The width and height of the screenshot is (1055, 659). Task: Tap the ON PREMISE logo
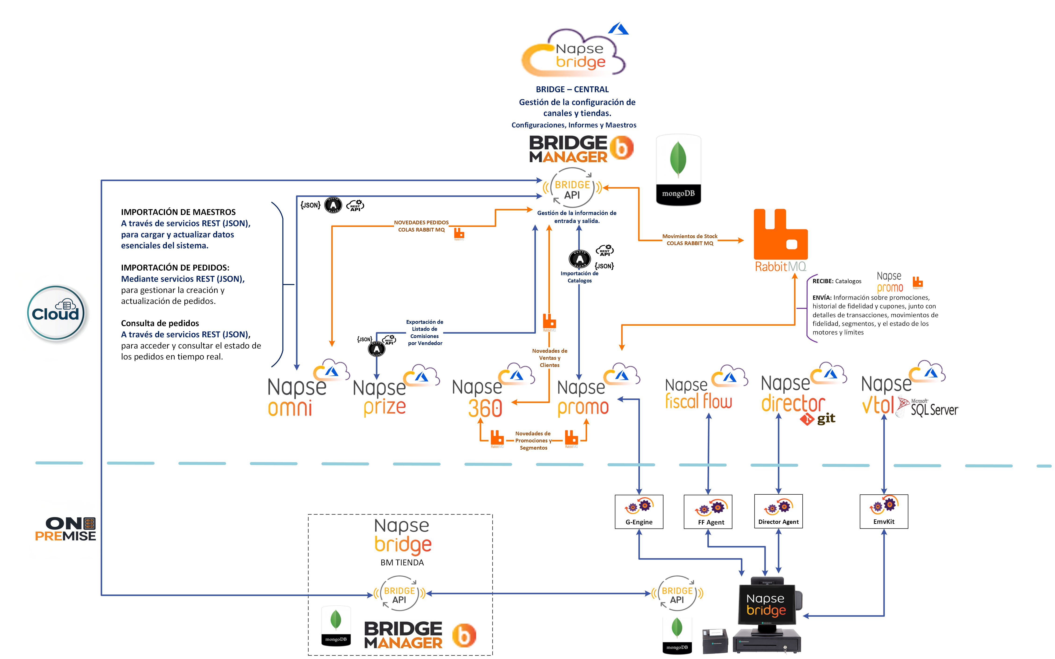click(x=65, y=529)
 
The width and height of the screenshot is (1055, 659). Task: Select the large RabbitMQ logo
click(x=781, y=240)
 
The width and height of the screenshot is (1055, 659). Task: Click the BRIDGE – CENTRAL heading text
click(x=572, y=89)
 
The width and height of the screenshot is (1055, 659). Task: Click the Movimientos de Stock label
click(x=689, y=240)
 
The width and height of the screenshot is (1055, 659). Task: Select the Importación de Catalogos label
click(x=579, y=277)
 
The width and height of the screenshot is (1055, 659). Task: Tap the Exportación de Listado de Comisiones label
click(x=424, y=333)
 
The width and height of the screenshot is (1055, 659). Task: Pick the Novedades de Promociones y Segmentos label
click(x=533, y=441)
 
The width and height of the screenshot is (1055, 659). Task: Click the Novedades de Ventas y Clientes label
click(x=549, y=358)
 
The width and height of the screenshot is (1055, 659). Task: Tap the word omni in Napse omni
click(x=290, y=408)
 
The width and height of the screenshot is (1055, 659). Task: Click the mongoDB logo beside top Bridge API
click(x=678, y=170)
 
